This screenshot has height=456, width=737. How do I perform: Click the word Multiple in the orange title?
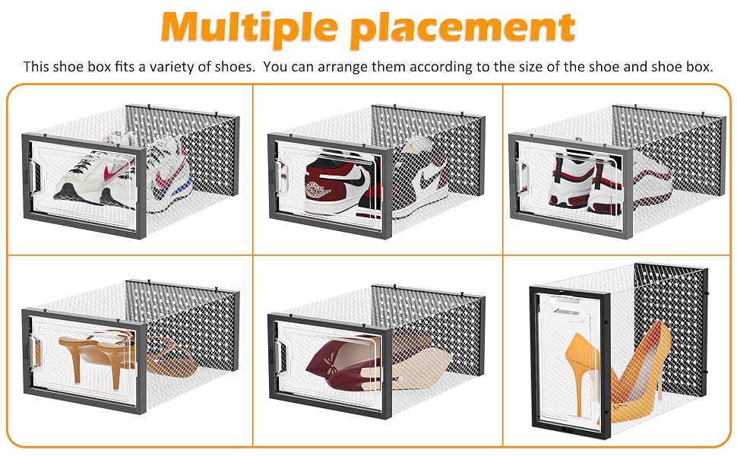coord(249,27)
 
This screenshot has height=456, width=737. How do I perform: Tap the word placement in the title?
coord(463,28)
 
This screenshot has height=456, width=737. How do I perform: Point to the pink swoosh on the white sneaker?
coord(118,170)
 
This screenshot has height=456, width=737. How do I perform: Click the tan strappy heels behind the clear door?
coord(98,355)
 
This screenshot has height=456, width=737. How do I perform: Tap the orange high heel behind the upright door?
coord(582,372)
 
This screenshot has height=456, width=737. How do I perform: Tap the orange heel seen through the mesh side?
coord(639,372)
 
